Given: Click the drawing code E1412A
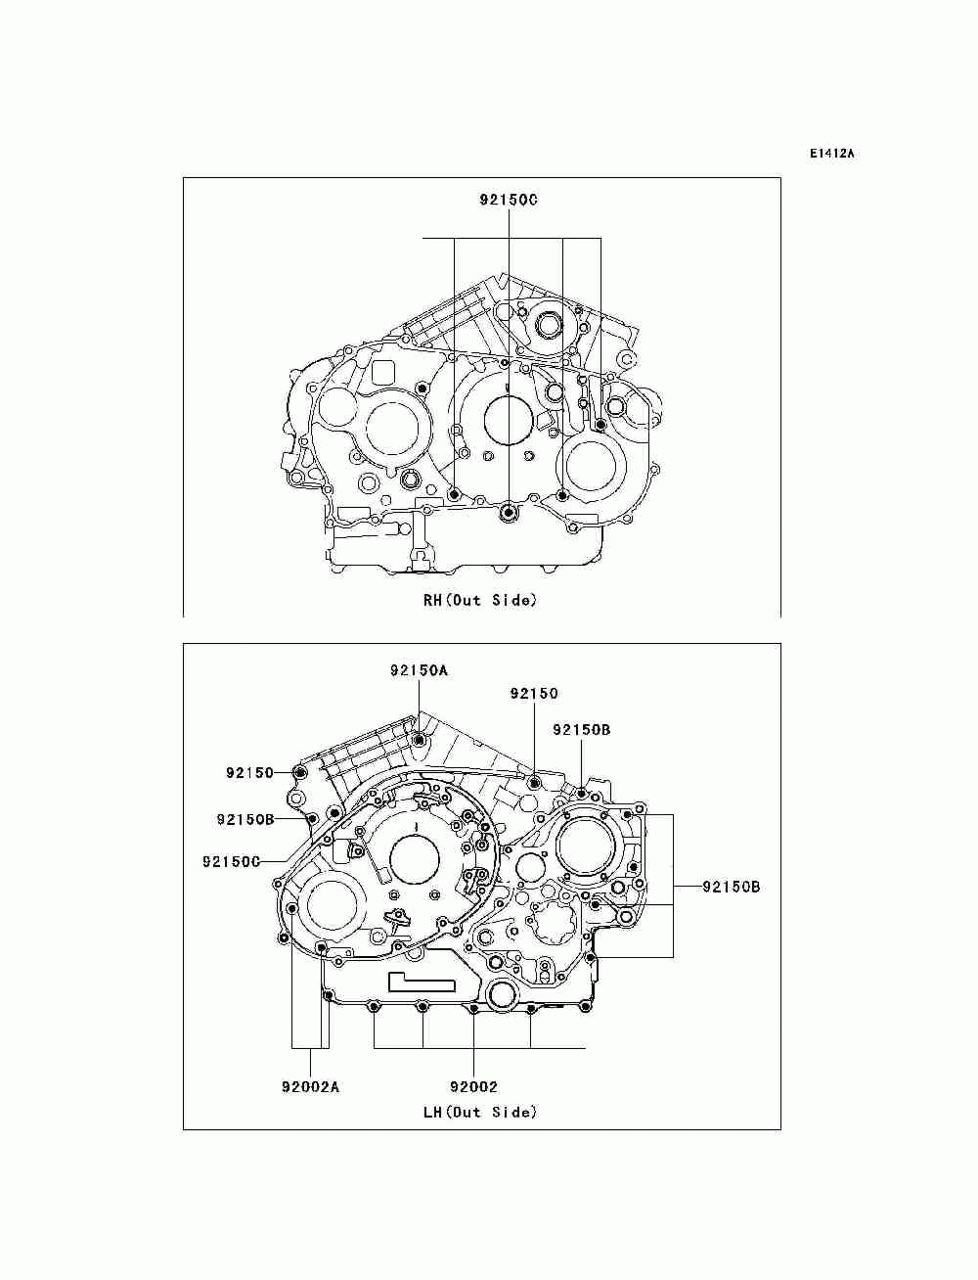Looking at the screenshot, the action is [831, 154].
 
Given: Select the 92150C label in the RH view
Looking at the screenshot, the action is [508, 200].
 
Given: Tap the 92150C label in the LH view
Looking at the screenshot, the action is [231, 861].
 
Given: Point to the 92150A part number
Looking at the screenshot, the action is [418, 670].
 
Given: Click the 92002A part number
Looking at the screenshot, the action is [310, 1086].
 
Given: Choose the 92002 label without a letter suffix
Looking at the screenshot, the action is [473, 1086].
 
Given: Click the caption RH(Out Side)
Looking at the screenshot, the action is [479, 600].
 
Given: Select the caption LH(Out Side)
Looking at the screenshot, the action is [479, 1112].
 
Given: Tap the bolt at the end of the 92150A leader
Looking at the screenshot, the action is [420, 740].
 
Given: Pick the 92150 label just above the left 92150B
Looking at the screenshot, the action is [249, 772].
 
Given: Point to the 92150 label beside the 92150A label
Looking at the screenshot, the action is [534, 693].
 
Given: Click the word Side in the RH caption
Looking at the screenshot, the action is [513, 600].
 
